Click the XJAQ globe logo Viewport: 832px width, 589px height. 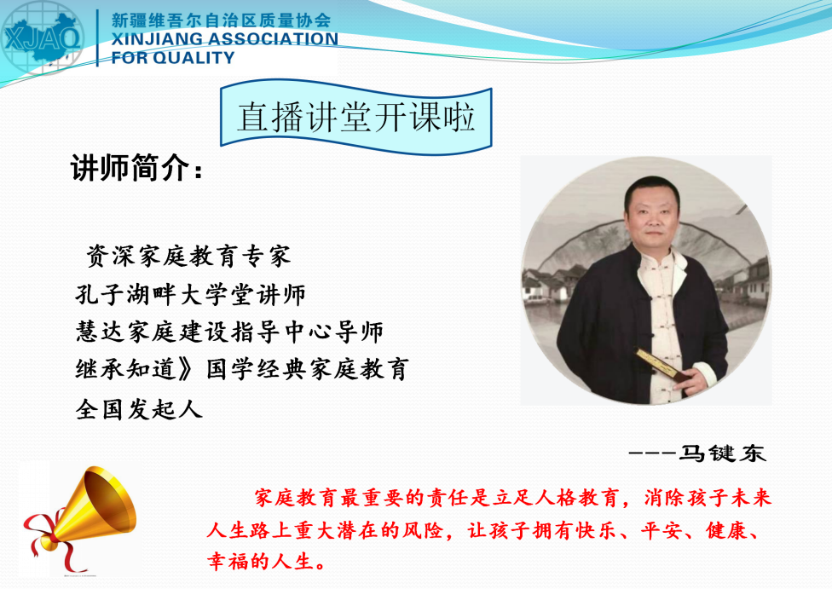42,38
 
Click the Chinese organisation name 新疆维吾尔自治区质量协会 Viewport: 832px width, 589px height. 222,20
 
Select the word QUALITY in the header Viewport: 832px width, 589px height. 194,57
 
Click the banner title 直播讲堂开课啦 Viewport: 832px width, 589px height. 355,118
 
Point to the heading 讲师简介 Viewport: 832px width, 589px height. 137,168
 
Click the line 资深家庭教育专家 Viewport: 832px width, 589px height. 189,256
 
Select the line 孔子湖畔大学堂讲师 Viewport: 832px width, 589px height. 190,295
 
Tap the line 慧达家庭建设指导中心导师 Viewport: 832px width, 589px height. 229,332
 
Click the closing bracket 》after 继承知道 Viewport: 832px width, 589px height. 186,369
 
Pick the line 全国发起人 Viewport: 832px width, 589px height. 138,409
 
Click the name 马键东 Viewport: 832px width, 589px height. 723,453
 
